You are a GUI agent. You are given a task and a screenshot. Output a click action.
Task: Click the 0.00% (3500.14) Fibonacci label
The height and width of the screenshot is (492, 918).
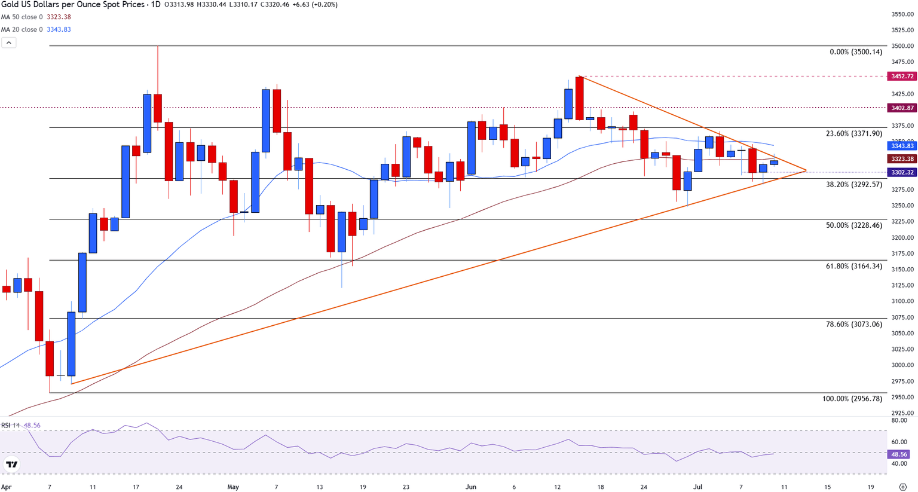pos(855,52)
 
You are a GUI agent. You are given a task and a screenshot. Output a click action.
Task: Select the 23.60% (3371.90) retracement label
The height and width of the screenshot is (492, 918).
pos(853,134)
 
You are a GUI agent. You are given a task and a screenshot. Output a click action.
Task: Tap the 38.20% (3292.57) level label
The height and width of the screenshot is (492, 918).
pos(853,185)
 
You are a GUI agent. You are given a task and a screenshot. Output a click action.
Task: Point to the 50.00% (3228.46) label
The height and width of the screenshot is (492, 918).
pos(853,225)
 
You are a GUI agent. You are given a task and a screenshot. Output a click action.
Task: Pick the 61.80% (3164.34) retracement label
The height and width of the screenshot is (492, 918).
pos(853,266)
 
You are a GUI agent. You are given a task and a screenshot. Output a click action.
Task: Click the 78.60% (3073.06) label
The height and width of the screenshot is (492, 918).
pos(853,325)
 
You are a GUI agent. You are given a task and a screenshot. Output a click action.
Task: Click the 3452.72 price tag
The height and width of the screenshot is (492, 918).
pos(902,77)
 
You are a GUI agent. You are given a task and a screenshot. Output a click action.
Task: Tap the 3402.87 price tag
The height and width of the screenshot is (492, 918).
pos(902,108)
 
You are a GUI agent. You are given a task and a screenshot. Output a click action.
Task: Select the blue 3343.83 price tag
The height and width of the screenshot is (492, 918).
pos(902,146)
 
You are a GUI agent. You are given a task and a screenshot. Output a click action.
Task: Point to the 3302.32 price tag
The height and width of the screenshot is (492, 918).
pos(902,172)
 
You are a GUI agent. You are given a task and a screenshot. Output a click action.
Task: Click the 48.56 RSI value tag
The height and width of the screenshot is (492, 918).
pos(899,454)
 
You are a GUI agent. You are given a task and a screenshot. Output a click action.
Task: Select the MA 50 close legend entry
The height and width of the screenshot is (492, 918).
pos(36,17)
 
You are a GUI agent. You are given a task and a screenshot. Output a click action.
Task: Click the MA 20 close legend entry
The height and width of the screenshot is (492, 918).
pos(36,29)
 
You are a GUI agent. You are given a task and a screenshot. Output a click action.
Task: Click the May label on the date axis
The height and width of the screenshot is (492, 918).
pos(233,487)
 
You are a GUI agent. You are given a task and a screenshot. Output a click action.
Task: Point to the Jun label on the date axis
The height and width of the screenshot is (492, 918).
pos(471,487)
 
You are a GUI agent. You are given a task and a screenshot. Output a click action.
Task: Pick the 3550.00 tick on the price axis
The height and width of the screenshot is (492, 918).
pos(902,14)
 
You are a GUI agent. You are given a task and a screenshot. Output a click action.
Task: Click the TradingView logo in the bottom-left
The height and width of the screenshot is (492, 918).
pos(11,464)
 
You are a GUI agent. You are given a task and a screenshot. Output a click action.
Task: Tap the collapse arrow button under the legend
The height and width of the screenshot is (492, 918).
pos(8,43)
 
